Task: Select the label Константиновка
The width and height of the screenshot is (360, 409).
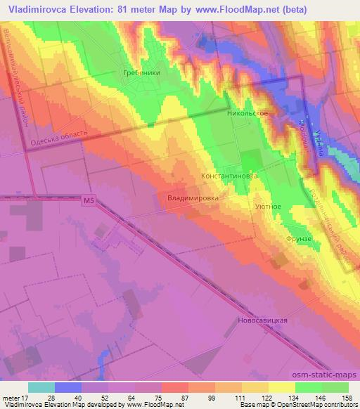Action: point(229,176)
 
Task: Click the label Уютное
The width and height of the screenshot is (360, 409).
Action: point(268,207)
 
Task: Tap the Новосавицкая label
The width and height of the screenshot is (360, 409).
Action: point(259,320)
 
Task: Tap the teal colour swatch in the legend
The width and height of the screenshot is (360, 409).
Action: point(41,387)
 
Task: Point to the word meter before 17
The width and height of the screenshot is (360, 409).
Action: point(15,397)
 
